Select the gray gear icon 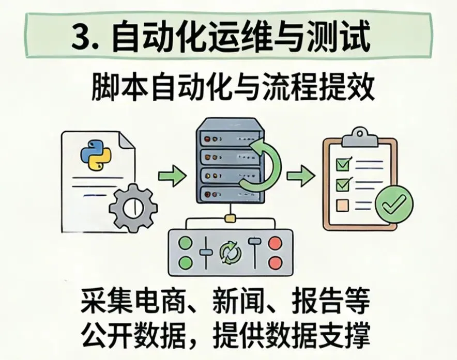(133, 207)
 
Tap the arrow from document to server (172, 177)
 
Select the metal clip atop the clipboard (360, 135)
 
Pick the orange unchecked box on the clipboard (343, 206)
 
